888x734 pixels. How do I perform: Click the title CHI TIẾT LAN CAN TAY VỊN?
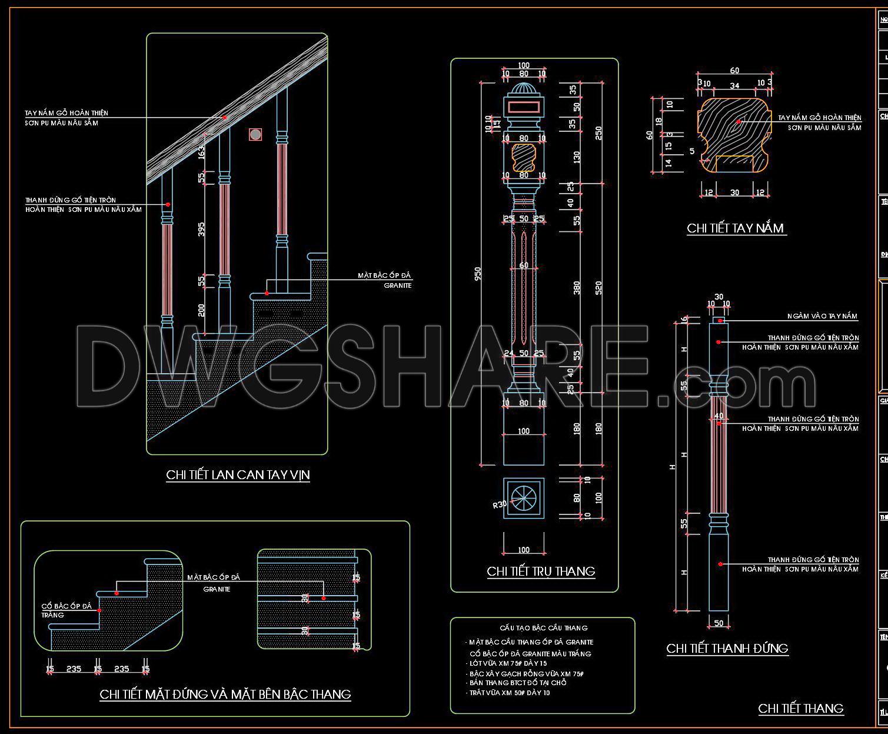click(x=238, y=475)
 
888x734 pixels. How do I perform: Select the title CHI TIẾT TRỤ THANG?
click(x=541, y=572)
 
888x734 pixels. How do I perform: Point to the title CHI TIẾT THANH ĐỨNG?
click(x=727, y=649)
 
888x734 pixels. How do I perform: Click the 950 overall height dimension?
click(x=478, y=274)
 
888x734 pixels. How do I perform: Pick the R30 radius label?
click(x=500, y=504)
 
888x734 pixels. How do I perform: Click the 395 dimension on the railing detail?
click(x=201, y=228)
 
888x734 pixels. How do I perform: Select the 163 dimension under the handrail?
click(x=201, y=152)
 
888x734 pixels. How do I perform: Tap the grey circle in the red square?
click(x=255, y=135)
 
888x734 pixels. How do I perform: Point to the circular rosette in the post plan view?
click(x=523, y=498)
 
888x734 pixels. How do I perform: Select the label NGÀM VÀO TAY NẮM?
click(x=822, y=317)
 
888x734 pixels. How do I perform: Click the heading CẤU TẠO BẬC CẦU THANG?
click(x=543, y=628)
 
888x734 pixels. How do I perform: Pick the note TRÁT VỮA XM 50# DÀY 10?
click(x=510, y=693)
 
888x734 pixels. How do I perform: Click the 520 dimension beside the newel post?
click(x=598, y=287)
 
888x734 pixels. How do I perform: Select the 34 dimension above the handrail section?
click(x=734, y=86)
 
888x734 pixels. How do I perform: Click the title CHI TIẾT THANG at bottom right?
click(x=800, y=709)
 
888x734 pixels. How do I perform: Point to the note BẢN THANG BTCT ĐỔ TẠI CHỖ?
click(x=517, y=683)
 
